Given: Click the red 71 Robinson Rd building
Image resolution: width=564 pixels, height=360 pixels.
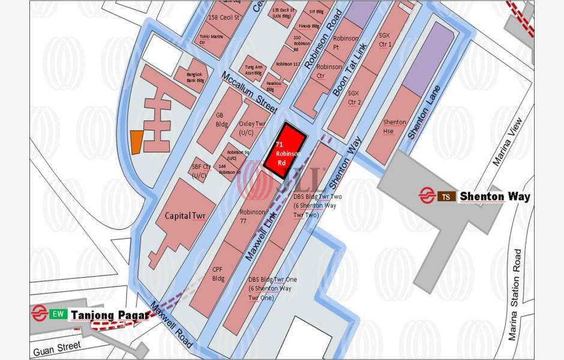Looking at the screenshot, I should [286, 150].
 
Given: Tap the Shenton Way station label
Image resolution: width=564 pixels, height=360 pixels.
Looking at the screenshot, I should [494, 196].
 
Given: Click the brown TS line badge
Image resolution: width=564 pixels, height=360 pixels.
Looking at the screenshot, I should [445, 196].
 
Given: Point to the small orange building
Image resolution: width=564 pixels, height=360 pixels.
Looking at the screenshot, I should [136, 142].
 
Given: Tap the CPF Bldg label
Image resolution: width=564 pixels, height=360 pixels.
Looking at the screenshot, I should [218, 274].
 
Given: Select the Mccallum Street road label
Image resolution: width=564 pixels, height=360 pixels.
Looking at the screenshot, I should [248, 92].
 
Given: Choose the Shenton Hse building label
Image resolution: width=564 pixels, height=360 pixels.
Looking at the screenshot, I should [394, 127].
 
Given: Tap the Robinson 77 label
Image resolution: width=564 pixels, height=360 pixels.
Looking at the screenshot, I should [252, 216].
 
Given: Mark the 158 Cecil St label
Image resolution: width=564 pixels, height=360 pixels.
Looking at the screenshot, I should [223, 17].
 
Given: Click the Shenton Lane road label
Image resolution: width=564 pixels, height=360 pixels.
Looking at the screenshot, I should [424, 113].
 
